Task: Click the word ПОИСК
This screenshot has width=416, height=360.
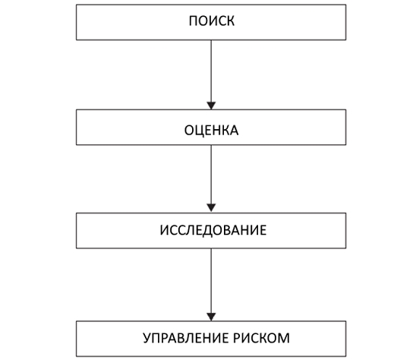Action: pyautogui.click(x=212, y=21)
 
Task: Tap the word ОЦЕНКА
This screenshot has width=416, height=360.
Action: pyautogui.click(x=212, y=131)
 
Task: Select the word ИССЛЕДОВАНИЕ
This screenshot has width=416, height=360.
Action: pyautogui.click(x=213, y=230)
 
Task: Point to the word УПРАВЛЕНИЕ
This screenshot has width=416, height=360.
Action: pyautogui.click(x=186, y=338)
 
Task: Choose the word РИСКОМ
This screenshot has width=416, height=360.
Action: pyautogui.click(x=262, y=338)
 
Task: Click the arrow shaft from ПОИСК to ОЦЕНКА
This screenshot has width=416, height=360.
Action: pyautogui.click(x=211, y=71)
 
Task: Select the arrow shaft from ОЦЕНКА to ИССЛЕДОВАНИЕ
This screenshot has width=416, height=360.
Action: pyautogui.click(x=211, y=175)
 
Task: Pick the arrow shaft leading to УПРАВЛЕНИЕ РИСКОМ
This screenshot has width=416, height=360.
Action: pyautogui.click(x=211, y=281)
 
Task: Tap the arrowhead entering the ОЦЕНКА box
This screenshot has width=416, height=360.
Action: pyautogui.click(x=211, y=106)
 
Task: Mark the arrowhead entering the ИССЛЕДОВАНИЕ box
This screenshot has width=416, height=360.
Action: pyautogui.click(x=211, y=208)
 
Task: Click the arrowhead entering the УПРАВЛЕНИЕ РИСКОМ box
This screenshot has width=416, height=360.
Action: pyautogui.click(x=211, y=317)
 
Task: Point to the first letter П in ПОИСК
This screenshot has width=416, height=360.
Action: pyautogui.click(x=193, y=21)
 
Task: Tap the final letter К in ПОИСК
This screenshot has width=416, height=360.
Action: pyautogui.click(x=231, y=21)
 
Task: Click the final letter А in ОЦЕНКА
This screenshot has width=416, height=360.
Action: pyautogui.click(x=234, y=131)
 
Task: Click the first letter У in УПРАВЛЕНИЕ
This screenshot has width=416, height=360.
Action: pyautogui.click(x=147, y=338)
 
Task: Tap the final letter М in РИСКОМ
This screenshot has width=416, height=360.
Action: pyautogui.click(x=284, y=338)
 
